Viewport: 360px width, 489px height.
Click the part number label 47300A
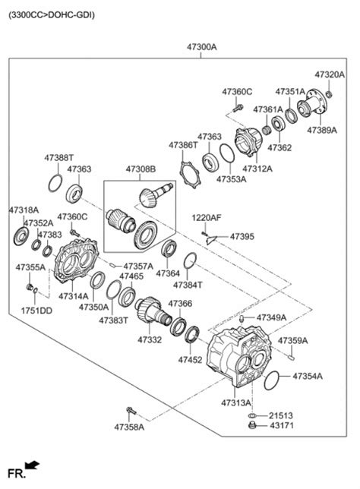pyautogui.click(x=201, y=47)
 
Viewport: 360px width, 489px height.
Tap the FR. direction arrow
pyautogui.click(x=32, y=465)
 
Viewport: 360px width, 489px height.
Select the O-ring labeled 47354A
pyautogui.click(x=272, y=380)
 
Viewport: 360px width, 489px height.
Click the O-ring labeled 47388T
pyautogui.click(x=55, y=184)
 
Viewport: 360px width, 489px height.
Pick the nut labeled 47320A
pyautogui.click(x=329, y=93)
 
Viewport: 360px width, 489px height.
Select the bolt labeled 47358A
pyautogui.click(x=131, y=411)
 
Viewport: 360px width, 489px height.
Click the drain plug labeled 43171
pyautogui.click(x=252, y=424)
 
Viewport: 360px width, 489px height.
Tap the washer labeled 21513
pyautogui.click(x=252, y=415)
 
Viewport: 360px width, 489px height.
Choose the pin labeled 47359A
pyautogui.click(x=291, y=357)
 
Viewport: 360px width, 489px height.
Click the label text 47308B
pyautogui.click(x=141, y=169)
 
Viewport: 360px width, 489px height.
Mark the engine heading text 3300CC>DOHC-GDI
pyautogui.click(x=52, y=14)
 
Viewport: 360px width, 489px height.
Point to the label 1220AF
pyautogui.click(x=207, y=218)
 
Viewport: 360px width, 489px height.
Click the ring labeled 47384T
pyautogui.click(x=190, y=260)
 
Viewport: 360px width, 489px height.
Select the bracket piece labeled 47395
pyautogui.click(x=210, y=240)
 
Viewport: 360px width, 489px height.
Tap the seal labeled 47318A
pyautogui.click(x=21, y=236)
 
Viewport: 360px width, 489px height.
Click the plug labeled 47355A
pyautogui.click(x=30, y=287)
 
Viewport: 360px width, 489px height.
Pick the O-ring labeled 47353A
pyautogui.click(x=227, y=153)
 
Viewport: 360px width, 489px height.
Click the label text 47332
pyautogui.click(x=150, y=339)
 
